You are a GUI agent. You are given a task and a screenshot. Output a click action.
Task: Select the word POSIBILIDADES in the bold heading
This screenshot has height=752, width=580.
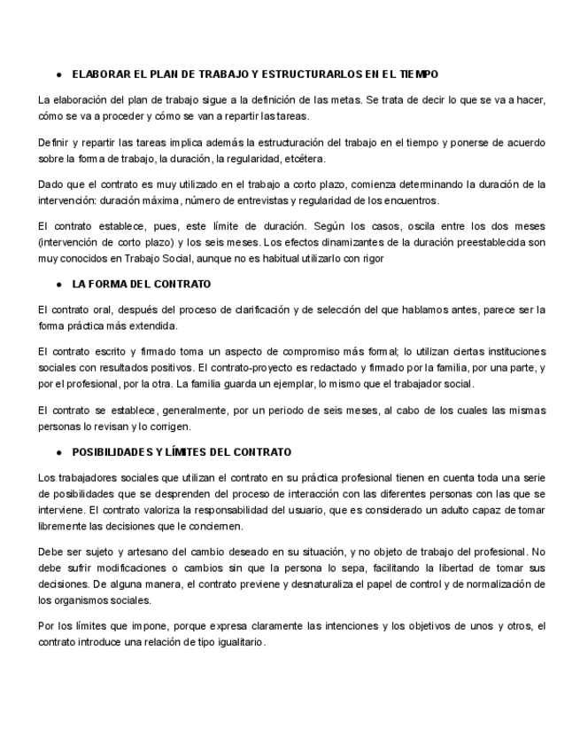click(111, 452)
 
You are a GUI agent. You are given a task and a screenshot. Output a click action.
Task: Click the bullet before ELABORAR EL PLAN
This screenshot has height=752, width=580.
click(58, 74)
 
